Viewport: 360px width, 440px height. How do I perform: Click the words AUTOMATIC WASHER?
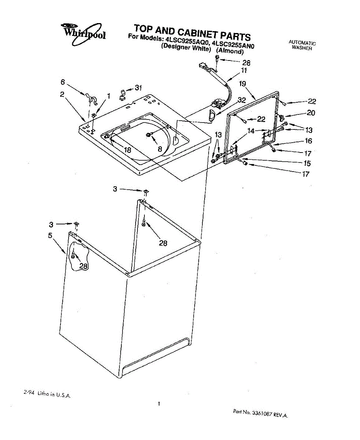click(x=302, y=45)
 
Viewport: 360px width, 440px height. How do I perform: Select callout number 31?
click(x=138, y=88)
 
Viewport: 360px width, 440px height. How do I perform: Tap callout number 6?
click(x=63, y=82)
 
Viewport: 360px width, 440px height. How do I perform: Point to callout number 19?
click(x=242, y=84)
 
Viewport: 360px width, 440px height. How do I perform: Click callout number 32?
click(x=241, y=100)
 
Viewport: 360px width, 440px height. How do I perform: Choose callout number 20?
click(x=311, y=113)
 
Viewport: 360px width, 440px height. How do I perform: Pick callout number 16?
click(x=308, y=141)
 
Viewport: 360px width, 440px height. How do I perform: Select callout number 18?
click(x=128, y=150)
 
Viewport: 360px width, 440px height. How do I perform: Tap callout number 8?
click(x=159, y=149)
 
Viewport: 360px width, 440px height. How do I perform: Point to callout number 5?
click(x=50, y=235)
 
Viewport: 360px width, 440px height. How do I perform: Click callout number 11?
click(x=244, y=70)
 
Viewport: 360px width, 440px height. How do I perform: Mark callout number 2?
click(x=62, y=94)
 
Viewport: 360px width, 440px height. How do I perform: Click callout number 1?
click(x=109, y=96)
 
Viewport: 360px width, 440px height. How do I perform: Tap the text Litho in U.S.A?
click(x=48, y=394)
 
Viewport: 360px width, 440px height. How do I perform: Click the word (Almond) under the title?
click(x=230, y=51)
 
